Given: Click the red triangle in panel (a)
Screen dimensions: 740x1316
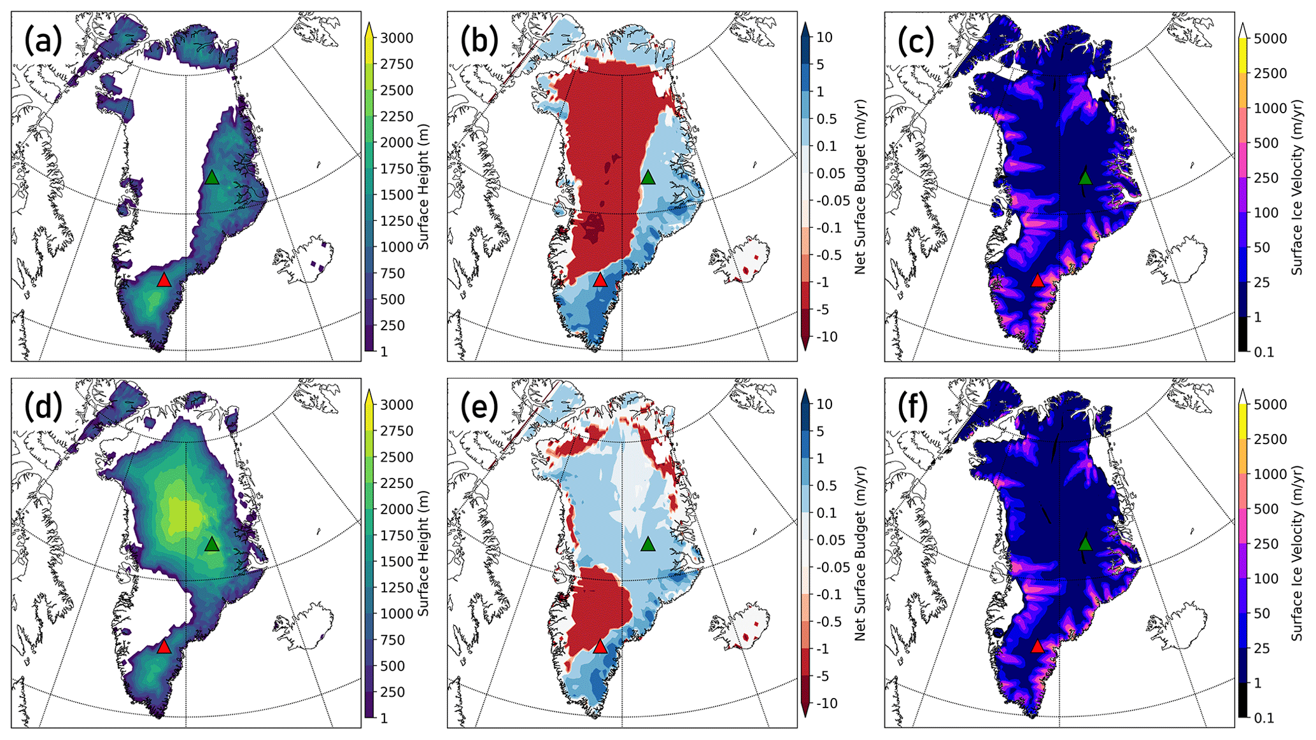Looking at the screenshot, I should tap(164, 280).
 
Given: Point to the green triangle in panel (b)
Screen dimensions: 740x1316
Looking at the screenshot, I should tap(647, 178).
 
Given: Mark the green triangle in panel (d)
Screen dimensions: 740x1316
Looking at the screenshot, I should tap(211, 545).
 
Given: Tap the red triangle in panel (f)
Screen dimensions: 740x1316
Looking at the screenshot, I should tap(1037, 647).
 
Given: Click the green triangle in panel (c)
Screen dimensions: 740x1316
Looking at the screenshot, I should tap(1085, 178).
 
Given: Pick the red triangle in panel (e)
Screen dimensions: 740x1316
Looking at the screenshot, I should tap(600, 647).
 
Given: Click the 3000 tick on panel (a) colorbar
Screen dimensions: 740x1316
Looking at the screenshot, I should tap(397, 38).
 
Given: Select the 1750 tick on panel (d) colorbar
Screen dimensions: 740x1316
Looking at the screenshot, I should tap(397, 536).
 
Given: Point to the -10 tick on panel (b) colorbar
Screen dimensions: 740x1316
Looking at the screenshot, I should tap(826, 337).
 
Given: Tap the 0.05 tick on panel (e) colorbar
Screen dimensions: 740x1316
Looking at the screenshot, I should tap(831, 540).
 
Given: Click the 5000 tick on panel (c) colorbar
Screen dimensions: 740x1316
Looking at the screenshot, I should tap(1270, 39).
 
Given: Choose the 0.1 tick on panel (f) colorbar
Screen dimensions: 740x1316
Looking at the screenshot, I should tap(1264, 718).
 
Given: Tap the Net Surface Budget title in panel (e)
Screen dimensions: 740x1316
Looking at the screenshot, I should tap(861, 554).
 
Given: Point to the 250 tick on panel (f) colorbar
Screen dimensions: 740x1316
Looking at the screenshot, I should tap(1266, 544).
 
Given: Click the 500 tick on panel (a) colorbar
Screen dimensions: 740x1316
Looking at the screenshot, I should tap(392, 299).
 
